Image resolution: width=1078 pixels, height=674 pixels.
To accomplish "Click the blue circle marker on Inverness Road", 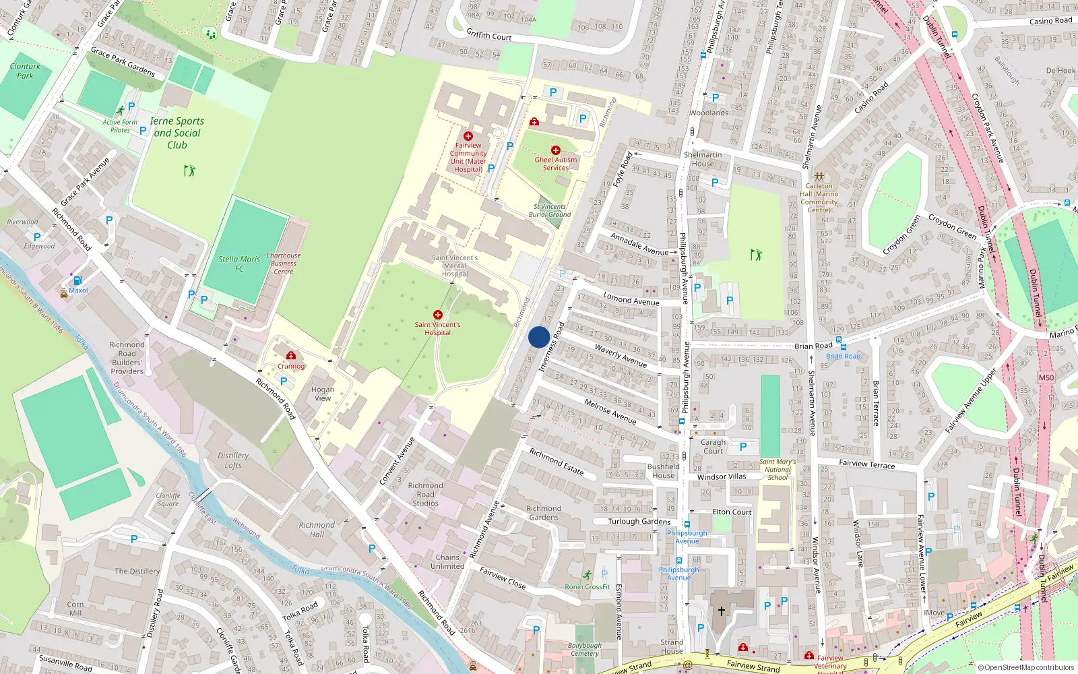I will (x=538, y=337).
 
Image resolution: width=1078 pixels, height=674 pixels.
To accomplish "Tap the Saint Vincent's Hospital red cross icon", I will (x=438, y=315).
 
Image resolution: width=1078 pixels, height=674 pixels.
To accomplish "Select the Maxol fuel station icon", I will (x=77, y=280).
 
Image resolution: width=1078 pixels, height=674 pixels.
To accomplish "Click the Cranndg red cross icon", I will (x=291, y=356).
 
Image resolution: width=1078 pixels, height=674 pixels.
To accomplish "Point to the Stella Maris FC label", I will (x=239, y=264).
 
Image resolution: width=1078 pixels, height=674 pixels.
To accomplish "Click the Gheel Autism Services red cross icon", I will (x=555, y=150).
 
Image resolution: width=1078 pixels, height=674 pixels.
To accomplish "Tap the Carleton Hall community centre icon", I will (x=819, y=176).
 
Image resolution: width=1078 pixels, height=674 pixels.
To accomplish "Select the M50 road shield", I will (x=1046, y=377).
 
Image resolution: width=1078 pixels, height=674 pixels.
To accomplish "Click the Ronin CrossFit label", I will (x=588, y=587).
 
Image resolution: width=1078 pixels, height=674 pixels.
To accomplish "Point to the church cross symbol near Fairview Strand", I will (x=721, y=611).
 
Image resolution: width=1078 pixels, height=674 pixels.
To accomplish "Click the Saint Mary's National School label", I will (x=778, y=470).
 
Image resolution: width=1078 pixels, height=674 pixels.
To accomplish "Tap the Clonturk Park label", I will (x=25, y=71).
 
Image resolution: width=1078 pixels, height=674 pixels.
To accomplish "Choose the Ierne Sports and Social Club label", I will (x=177, y=133).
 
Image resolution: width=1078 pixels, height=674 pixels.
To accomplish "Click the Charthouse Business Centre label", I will (x=283, y=263).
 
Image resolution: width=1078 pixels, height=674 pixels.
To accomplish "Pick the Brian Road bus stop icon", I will (x=843, y=347).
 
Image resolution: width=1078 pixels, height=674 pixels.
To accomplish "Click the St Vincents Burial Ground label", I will (x=550, y=210).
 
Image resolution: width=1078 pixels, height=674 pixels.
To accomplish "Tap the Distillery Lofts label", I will (x=233, y=460).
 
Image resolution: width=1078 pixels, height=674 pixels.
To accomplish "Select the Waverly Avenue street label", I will (x=621, y=355).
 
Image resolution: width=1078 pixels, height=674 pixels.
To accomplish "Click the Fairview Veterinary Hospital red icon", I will (x=809, y=655).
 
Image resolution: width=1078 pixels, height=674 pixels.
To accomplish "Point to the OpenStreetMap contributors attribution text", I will (x=1025, y=667).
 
